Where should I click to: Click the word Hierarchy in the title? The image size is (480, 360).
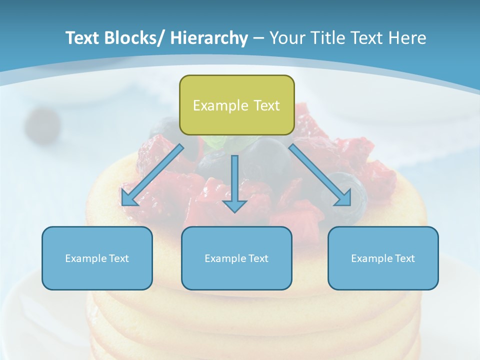(209, 38)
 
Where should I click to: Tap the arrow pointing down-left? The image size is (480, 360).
(152, 175)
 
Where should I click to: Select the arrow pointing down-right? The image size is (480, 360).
(320, 175)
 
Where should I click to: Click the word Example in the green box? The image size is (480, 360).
(220, 105)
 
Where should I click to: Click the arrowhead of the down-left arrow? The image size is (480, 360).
(128, 198)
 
